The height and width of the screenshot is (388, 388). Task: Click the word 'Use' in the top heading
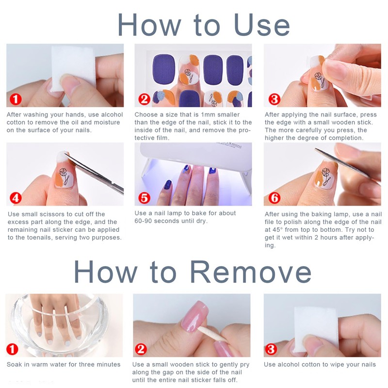(x=261, y=25)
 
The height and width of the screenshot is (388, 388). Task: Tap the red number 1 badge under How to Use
(x=16, y=99)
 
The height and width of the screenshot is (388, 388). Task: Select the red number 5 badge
(x=144, y=198)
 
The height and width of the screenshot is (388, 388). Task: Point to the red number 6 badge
(x=274, y=198)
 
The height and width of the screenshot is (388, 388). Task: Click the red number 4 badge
(x=16, y=198)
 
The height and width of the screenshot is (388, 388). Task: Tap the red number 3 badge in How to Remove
(x=271, y=349)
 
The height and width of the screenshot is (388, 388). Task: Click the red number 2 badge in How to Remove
(x=141, y=349)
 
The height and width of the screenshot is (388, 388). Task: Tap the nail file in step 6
(x=346, y=164)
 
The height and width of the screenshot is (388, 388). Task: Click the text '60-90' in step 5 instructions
(x=143, y=221)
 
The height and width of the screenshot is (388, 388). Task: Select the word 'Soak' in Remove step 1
(x=14, y=365)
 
